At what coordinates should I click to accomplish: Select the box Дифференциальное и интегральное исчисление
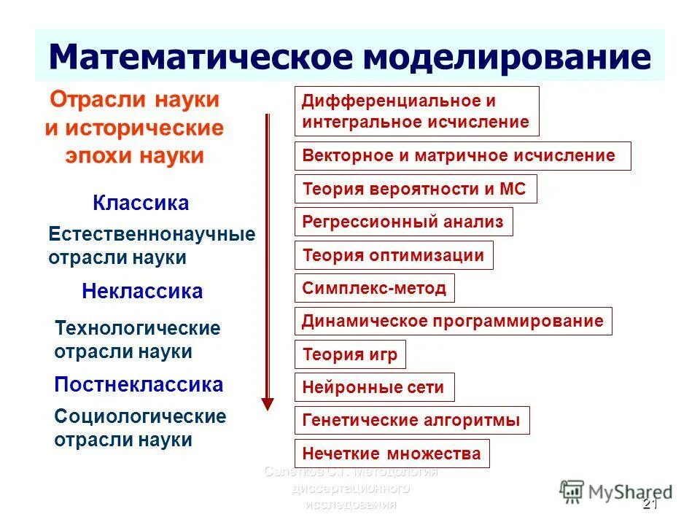click(x=416, y=111)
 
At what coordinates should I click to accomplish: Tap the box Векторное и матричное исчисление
click(x=462, y=156)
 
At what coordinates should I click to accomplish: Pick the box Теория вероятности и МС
click(x=415, y=189)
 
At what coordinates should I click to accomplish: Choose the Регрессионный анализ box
click(x=403, y=222)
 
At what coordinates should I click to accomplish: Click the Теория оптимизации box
click(x=394, y=255)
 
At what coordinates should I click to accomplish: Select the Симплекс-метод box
click(x=375, y=288)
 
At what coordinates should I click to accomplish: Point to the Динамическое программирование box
click(x=453, y=321)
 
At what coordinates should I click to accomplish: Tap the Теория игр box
click(x=350, y=355)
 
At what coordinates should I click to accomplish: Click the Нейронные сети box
click(x=374, y=387)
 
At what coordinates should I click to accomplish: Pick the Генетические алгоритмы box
click(x=411, y=421)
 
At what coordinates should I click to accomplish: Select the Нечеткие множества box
click(x=392, y=454)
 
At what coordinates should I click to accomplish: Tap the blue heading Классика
click(x=141, y=203)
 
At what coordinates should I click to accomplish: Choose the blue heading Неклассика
click(x=142, y=292)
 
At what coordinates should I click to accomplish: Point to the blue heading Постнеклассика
click(x=139, y=384)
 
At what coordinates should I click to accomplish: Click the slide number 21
click(x=650, y=505)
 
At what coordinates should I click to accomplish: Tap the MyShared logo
click(x=616, y=491)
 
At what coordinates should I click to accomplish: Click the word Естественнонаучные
click(x=152, y=235)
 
